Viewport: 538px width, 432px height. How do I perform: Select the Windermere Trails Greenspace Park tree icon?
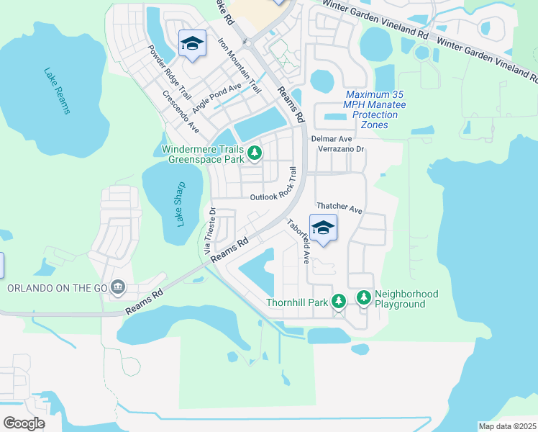[x=254, y=153]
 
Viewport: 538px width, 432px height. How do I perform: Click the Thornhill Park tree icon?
[x=339, y=300]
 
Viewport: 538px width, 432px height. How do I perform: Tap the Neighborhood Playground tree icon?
[x=363, y=297]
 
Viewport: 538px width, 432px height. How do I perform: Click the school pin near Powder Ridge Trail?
[x=192, y=45]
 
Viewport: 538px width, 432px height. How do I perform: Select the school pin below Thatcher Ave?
[x=324, y=228]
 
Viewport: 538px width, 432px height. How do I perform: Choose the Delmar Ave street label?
[x=331, y=138]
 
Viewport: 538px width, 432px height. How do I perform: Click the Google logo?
[x=24, y=423]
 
